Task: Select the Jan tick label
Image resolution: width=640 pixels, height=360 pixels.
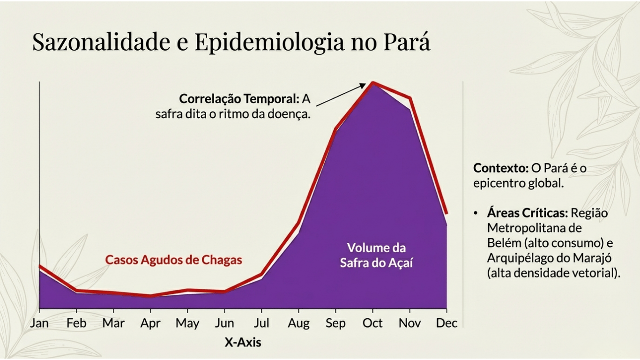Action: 39,323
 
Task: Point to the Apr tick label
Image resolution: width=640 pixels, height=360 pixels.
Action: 150,323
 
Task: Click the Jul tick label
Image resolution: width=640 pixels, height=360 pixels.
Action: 261,323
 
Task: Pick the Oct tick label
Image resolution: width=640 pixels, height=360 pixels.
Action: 372,323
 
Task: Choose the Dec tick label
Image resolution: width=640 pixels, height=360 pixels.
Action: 447,323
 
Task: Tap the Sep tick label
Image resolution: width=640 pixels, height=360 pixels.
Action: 335,323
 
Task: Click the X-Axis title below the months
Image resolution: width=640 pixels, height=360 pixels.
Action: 243,343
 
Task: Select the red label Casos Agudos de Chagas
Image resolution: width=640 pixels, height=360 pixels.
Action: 173,260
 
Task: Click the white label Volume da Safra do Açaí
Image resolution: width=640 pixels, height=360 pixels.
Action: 376,255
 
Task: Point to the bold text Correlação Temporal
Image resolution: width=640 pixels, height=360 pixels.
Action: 238,99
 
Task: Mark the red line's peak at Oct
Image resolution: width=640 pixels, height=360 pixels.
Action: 373,83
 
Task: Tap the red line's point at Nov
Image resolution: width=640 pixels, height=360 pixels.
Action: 410,98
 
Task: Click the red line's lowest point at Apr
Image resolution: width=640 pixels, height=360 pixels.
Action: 150,296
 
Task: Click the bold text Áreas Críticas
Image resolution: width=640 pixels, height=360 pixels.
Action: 527,213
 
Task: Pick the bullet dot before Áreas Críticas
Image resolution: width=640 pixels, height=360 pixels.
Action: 476,214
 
